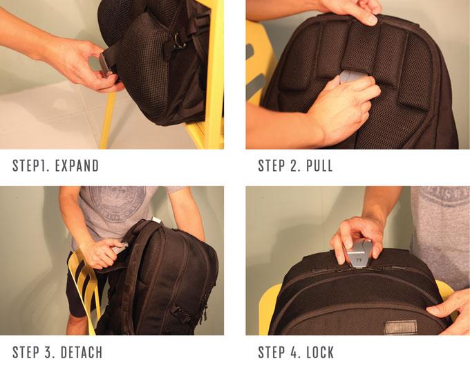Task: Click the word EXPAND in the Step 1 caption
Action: (x=77, y=166)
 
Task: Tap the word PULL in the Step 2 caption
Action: (x=319, y=166)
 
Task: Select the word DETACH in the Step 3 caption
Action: (x=82, y=352)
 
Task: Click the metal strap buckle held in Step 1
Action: (x=104, y=64)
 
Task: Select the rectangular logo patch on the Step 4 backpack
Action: (x=401, y=327)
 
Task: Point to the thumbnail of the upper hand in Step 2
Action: (x=371, y=20)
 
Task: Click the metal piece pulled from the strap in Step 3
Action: (x=120, y=248)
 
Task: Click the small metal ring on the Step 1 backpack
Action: (x=178, y=42)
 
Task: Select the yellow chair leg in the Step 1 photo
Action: (x=107, y=120)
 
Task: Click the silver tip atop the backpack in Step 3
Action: (x=156, y=220)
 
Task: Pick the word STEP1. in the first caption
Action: (x=31, y=166)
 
